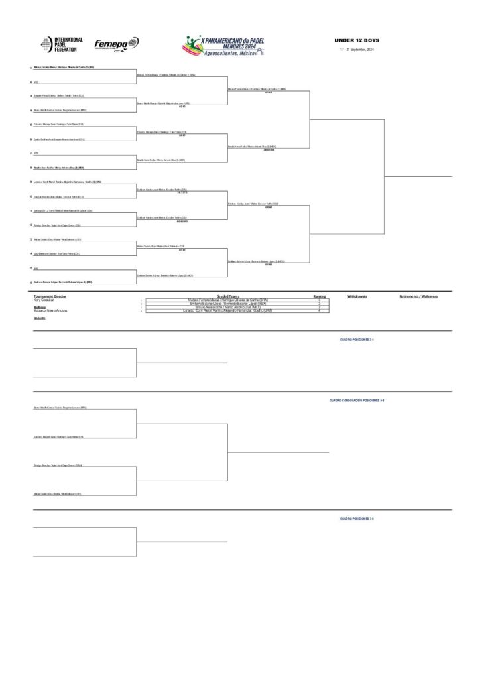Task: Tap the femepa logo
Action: [x=116, y=44]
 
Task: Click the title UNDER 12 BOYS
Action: [x=357, y=41]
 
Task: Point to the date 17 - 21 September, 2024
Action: [x=357, y=50]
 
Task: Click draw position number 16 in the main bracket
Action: [x=30, y=282]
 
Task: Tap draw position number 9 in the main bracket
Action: [x=30, y=182]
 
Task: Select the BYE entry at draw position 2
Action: [x=36, y=82]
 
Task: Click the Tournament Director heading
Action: [x=50, y=296]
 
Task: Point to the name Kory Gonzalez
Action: [x=43, y=300]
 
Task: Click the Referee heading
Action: [x=39, y=306]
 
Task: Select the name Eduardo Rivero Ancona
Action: [x=50, y=310]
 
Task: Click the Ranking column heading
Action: [x=319, y=296]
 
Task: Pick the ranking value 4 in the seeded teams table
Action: [x=319, y=310]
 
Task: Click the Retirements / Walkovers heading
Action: [x=418, y=296]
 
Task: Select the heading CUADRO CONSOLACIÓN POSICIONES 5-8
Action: [x=357, y=401]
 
